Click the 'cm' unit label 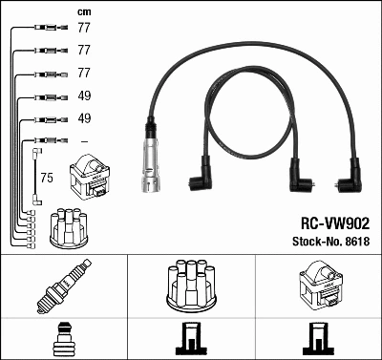click(83, 11)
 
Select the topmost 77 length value click(83, 29)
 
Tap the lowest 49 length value click(83, 119)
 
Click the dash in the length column click(83, 142)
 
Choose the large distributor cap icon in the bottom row click(191, 285)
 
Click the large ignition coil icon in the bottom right click(318, 286)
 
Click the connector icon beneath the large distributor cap click(191, 337)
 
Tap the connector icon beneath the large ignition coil click(318, 337)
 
